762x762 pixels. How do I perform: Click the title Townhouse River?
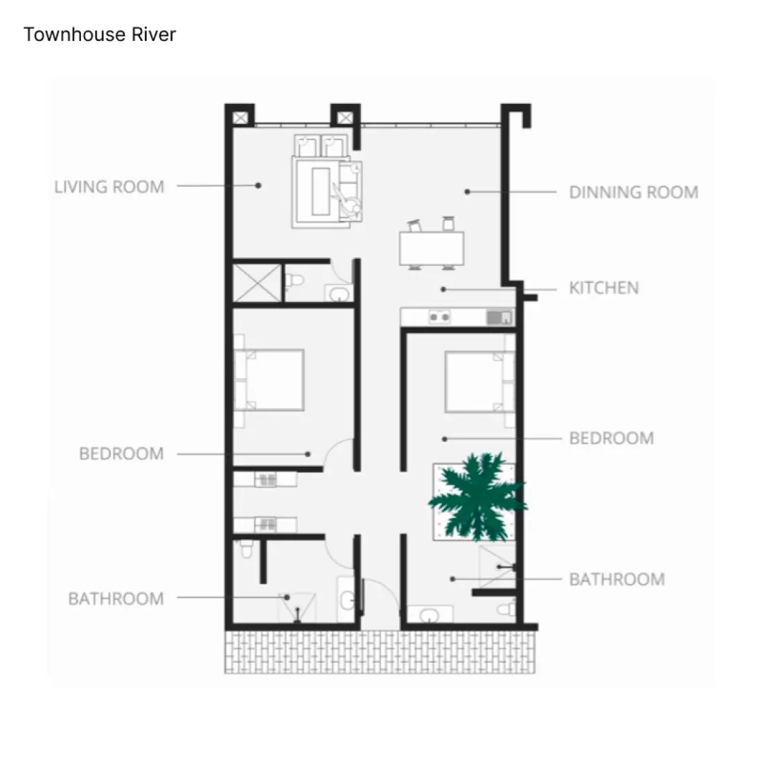coord(100,35)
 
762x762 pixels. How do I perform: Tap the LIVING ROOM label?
coord(109,186)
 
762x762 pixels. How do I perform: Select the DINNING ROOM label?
coord(633,192)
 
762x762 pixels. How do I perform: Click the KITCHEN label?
coord(603,287)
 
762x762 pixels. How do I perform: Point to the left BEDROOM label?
coord(121,454)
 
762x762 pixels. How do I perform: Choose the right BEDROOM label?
coord(611,438)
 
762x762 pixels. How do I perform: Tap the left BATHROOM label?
coord(116,599)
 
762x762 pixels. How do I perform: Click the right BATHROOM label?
coord(617,579)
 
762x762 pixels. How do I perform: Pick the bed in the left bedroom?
coord(270,380)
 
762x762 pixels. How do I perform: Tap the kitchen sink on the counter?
coord(499,317)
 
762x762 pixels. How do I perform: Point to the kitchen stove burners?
coord(439,317)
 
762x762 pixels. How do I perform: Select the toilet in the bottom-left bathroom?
coord(245,549)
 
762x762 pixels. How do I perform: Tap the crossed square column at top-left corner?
coord(240,118)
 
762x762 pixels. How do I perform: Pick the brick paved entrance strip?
coord(380,652)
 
